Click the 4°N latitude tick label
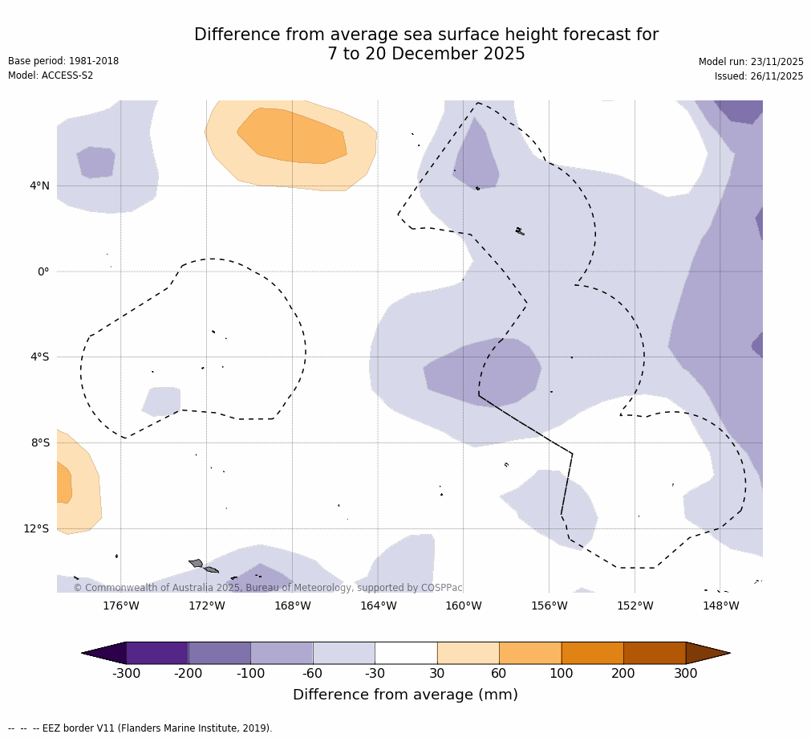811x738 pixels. (x=39, y=186)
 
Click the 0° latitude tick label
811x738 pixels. (x=43, y=271)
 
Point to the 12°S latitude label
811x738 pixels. (x=36, y=528)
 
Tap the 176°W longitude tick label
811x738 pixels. (x=120, y=605)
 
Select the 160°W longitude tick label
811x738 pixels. (x=463, y=605)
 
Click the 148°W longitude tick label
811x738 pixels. (x=720, y=605)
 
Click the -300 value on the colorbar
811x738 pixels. (x=126, y=674)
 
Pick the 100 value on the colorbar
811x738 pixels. (x=561, y=674)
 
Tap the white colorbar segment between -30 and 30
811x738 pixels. (x=406, y=653)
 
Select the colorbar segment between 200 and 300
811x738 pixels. (x=655, y=653)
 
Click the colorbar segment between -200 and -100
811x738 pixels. (x=219, y=653)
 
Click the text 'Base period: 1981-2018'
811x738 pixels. (x=63, y=61)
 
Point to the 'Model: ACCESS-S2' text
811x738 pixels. (x=51, y=75)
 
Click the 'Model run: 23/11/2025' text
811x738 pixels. (x=751, y=62)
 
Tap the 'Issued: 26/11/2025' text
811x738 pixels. (x=759, y=76)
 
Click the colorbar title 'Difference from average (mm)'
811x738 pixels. (x=405, y=695)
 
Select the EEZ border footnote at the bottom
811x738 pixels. (x=140, y=728)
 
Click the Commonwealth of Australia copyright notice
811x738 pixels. (x=268, y=588)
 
